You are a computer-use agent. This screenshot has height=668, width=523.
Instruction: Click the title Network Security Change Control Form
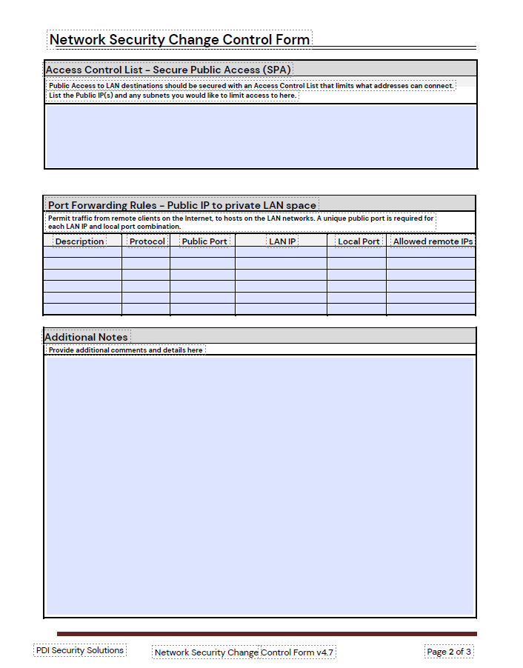(x=179, y=39)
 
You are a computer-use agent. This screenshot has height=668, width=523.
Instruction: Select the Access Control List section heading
(x=168, y=70)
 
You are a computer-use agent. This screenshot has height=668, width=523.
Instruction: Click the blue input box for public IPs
(x=260, y=136)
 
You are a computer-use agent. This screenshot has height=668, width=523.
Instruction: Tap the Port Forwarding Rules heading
(x=182, y=205)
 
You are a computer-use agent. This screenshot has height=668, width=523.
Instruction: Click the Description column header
(x=79, y=241)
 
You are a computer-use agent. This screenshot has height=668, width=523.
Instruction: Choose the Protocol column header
(x=147, y=241)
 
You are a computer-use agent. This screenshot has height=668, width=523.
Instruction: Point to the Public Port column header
(x=204, y=241)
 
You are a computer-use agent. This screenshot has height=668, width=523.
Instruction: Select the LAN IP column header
(x=282, y=241)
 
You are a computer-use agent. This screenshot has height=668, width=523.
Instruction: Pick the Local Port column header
(x=359, y=241)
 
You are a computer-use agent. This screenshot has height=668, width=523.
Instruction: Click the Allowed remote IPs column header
(x=433, y=241)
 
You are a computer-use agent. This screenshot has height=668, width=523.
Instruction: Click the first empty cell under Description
(x=82, y=252)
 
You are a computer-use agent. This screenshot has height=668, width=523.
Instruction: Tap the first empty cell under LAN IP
(x=281, y=252)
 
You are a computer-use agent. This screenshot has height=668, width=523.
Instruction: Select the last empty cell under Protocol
(x=146, y=309)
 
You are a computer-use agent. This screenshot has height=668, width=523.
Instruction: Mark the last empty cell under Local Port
(x=356, y=309)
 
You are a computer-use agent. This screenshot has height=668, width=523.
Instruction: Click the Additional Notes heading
(x=87, y=337)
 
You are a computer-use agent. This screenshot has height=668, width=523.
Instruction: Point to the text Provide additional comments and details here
(x=125, y=350)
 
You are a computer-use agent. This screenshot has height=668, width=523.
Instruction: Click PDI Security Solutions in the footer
(x=79, y=650)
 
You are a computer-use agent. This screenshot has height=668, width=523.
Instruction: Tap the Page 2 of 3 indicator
(x=449, y=652)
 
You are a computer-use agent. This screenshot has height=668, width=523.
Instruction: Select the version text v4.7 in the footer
(x=325, y=652)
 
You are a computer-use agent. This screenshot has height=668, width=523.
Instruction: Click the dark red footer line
(x=267, y=634)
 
